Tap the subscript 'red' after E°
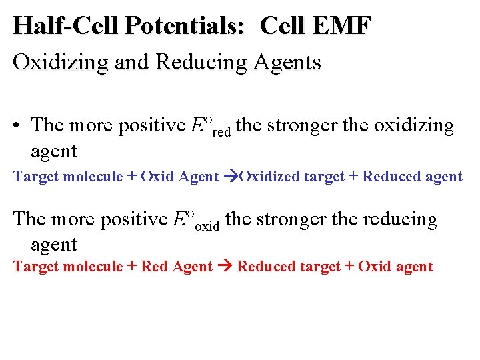221,131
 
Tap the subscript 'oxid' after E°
207,225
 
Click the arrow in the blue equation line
231,177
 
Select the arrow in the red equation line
223,267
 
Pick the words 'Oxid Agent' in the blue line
179,177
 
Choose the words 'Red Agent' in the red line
177,267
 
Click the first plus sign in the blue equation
131,177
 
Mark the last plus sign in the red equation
349,267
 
